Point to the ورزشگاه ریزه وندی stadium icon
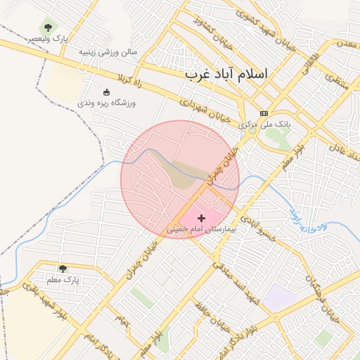pyautogui.click(x=107, y=91)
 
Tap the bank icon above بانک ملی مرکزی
pyautogui.click(x=264, y=113)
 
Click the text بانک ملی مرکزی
pyautogui.click(x=274, y=124)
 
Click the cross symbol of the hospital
pyautogui.click(x=202, y=219)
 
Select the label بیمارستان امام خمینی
pyautogui.click(x=202, y=229)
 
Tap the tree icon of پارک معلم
pyautogui.click(x=63, y=269)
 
